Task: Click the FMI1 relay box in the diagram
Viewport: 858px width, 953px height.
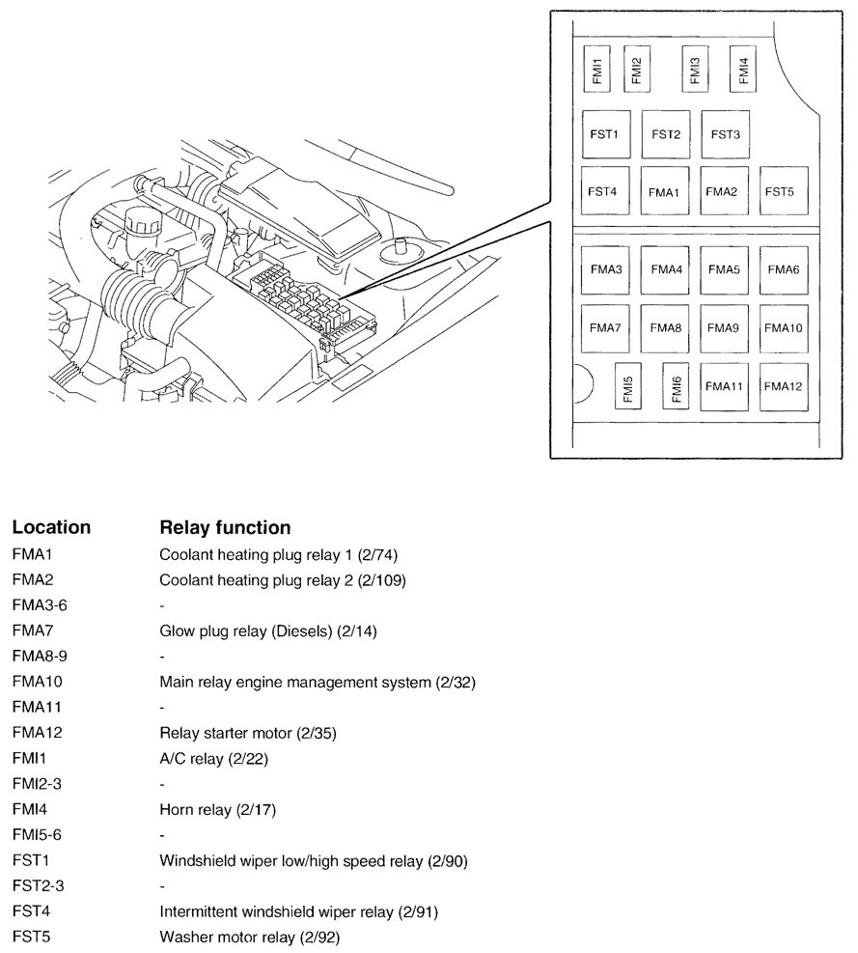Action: pos(597,67)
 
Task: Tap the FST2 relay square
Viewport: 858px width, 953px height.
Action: pos(666,134)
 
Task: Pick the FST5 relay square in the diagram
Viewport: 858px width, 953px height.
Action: pos(779,192)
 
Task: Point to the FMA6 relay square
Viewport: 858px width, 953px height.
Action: pos(783,269)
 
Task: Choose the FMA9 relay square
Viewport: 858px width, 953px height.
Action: pos(723,328)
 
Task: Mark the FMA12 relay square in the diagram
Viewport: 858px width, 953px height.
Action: pos(783,386)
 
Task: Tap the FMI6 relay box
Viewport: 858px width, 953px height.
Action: pos(677,387)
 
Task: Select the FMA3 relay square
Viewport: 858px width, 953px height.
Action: pos(605,269)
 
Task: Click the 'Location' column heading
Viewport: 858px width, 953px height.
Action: pos(51,528)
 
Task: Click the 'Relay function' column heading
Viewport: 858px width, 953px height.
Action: pos(224,528)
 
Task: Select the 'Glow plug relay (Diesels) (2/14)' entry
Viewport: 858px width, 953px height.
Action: pos(267,631)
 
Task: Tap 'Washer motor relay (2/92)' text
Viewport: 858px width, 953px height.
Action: pos(249,937)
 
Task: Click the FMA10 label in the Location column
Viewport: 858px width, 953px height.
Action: pos(37,683)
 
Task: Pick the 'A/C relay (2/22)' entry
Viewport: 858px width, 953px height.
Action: pos(213,759)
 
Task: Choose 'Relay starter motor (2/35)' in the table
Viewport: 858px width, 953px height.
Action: pos(247,733)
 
